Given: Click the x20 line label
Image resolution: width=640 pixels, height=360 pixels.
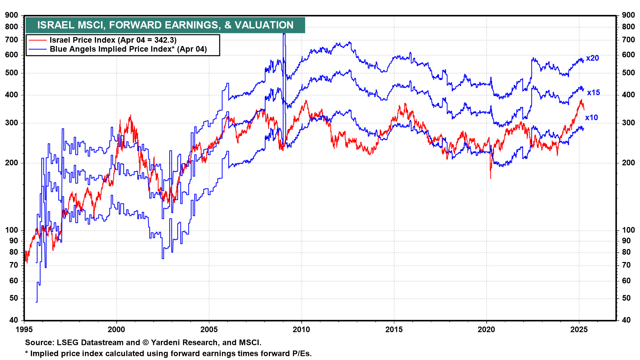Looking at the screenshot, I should click(592, 58).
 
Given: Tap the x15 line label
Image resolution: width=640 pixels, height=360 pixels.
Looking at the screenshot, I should click(593, 93).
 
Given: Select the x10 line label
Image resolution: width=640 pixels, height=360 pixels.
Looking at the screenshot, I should click(592, 118).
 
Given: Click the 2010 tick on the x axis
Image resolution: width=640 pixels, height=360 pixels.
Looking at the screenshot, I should click(301, 330).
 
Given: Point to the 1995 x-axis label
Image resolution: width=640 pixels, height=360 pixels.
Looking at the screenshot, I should click(24, 330).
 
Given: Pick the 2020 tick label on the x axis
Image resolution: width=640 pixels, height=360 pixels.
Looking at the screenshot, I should click(486, 330).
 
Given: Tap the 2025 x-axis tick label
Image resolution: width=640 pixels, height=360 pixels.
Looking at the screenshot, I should click(579, 330).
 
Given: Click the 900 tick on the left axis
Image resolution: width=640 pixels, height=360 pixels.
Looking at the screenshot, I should click(12, 15).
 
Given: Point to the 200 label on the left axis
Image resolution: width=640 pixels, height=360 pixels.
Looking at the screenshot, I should click(12, 163).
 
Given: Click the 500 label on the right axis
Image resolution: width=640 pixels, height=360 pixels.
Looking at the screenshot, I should click(628, 73).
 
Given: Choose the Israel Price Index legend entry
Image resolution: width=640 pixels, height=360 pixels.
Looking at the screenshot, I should click(113, 40).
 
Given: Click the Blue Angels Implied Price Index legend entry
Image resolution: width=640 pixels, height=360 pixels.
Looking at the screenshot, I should click(128, 49).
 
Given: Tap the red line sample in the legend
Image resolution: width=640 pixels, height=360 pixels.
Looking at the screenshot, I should click(37, 40).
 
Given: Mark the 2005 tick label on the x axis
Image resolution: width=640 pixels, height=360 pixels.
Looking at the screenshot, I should click(209, 330).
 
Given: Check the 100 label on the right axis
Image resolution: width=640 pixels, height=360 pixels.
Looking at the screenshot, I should click(628, 230).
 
